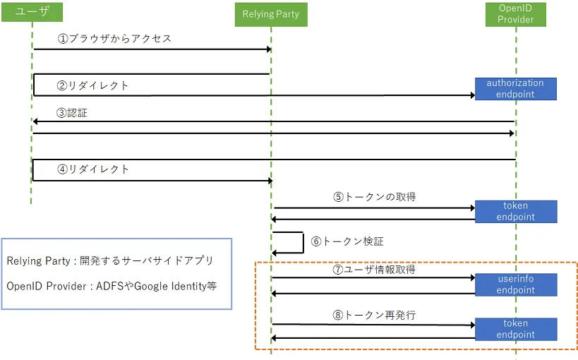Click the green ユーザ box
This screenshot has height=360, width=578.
coord(32,12)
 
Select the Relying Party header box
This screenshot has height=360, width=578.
coord(271,14)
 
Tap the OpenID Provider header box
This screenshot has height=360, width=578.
coord(515,14)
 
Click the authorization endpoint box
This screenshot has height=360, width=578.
coord(515,89)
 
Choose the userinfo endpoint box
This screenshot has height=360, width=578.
coord(516,284)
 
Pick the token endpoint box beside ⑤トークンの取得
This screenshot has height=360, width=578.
coord(516,211)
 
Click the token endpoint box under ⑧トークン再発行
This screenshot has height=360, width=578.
coord(516,329)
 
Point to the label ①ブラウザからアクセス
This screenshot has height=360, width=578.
coord(114,38)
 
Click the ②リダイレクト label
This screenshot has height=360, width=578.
coord(92,85)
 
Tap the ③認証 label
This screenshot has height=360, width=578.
coord(72,113)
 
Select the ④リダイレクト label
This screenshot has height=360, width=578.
coord(93,169)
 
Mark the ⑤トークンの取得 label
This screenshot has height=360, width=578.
coord(375,197)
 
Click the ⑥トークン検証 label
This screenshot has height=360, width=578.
coord(347,241)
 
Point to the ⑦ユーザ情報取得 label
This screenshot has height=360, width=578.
coord(374,270)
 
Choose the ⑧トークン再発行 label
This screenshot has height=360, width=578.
coord(374,315)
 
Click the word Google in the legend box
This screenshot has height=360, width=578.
coord(151,286)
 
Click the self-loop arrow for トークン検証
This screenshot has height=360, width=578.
coord(303,242)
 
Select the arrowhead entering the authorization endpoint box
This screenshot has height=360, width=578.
coord(473,95)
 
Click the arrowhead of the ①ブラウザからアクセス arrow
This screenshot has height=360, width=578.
coord(269,49)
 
